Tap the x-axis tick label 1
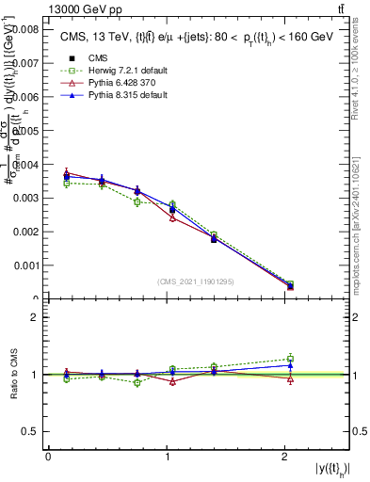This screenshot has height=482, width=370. (167, 457)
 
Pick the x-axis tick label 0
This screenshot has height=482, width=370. (48, 457)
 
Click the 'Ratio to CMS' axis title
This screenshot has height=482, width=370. (16, 375)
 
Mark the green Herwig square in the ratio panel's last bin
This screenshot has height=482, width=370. (290, 358)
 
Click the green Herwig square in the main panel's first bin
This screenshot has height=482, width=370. (66, 184)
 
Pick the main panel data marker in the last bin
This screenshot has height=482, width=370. (290, 286)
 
